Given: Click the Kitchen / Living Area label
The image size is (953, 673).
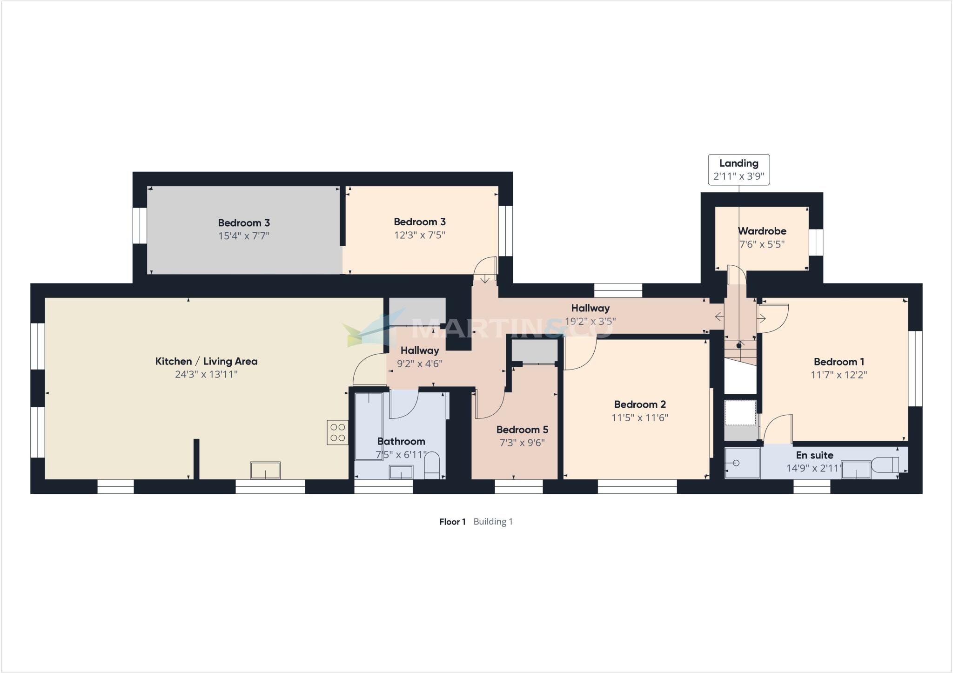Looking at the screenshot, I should tap(206, 361).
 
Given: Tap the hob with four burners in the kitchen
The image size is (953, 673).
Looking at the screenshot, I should tap(337, 432).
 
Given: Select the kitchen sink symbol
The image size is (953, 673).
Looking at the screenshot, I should tap(265, 470).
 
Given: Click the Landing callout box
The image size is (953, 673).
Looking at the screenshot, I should tap(738, 170).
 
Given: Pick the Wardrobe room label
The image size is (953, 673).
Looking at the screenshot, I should tap(762, 231).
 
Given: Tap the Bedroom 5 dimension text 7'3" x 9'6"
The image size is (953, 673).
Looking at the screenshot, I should tap(522, 443).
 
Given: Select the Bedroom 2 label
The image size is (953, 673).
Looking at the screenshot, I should tap(639, 404).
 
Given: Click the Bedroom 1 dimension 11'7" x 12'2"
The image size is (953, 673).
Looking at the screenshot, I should tap(839, 375).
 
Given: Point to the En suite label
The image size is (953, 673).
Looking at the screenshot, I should tap(814, 455).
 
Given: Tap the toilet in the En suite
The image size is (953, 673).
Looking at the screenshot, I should tap(886, 465).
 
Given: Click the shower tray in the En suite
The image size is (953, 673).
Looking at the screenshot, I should tap(742, 463).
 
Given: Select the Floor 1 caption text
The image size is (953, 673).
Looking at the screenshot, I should tap(452, 522).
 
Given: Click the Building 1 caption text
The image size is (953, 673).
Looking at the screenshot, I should tap(493, 522).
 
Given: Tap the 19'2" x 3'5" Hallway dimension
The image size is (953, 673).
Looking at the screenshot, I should tap(590, 321).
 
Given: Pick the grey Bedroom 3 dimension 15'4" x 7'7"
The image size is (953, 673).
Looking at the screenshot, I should tap(244, 236).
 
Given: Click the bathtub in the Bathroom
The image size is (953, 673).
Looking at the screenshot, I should tap(369, 426).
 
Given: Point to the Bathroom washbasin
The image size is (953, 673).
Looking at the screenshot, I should tap(401, 472).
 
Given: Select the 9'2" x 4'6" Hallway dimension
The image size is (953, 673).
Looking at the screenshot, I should tap(419, 363).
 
